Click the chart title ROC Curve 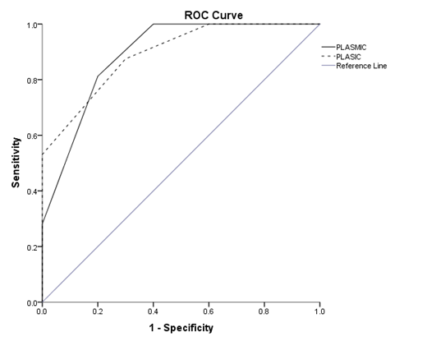[213, 14]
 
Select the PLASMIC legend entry [352, 47]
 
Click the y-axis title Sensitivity [16, 163]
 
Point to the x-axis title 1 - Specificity [180, 328]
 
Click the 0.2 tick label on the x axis [98, 312]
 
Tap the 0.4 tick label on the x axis [153, 312]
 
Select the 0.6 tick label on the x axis [209, 312]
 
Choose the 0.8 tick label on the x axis [264, 312]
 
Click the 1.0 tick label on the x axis [319, 312]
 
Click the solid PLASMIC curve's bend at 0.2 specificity [98, 76]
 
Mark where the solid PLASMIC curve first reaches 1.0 [154, 25]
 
